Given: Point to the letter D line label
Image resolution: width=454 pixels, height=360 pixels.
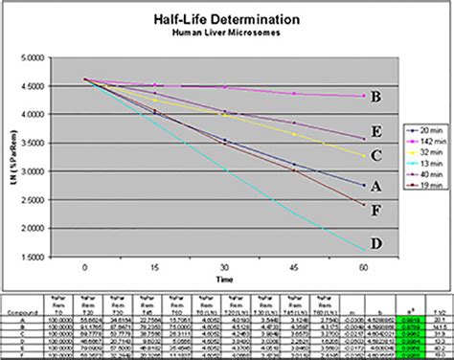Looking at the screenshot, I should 376,243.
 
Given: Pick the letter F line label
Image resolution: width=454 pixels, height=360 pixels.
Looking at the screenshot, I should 377,209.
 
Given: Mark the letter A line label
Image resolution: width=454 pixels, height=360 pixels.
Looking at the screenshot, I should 377,186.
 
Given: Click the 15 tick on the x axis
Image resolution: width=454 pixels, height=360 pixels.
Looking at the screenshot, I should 155,267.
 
